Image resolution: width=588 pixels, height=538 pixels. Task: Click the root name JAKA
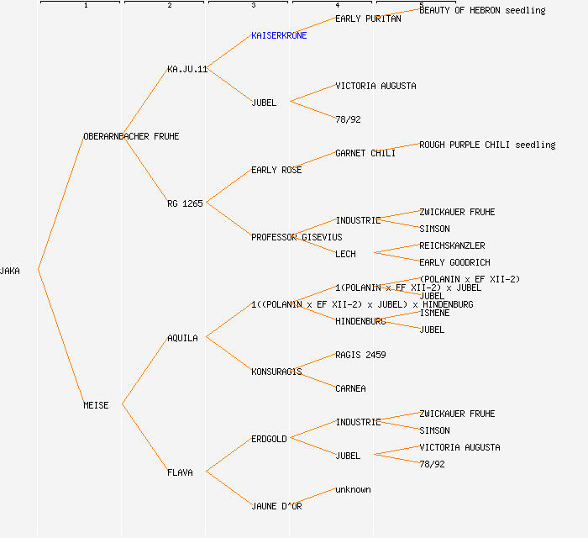[x=10, y=271]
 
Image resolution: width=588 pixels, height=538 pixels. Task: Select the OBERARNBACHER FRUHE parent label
[x=131, y=136]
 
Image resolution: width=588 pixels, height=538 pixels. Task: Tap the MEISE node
[x=96, y=405]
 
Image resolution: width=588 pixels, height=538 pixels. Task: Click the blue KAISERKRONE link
[x=279, y=35]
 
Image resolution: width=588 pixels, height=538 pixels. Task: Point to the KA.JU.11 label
[x=187, y=69]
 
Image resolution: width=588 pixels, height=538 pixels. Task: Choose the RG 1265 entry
[x=185, y=203]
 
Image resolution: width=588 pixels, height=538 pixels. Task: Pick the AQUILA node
[x=182, y=338]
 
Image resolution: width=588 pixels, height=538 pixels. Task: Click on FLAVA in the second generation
[x=180, y=472]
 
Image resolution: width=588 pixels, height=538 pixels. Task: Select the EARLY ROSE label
[x=276, y=170]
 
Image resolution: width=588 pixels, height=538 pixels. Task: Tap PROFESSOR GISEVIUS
[x=297, y=237]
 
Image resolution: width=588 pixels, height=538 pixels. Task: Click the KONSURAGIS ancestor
[x=276, y=372]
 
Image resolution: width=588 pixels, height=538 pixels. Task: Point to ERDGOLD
[x=269, y=439]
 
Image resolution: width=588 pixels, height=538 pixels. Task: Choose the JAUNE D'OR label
[x=276, y=506]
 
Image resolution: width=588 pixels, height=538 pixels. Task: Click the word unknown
[x=353, y=489]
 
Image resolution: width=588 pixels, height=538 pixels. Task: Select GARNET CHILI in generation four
[x=365, y=153]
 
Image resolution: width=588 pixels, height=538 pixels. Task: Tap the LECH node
[x=345, y=254]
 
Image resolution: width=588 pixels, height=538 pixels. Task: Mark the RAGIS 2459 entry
[x=360, y=355]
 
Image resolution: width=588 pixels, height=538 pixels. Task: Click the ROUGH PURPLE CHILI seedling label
[x=487, y=145]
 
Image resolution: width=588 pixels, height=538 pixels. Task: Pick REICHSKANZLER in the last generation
[x=452, y=245]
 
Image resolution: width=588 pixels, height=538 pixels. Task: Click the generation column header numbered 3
[x=253, y=6]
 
